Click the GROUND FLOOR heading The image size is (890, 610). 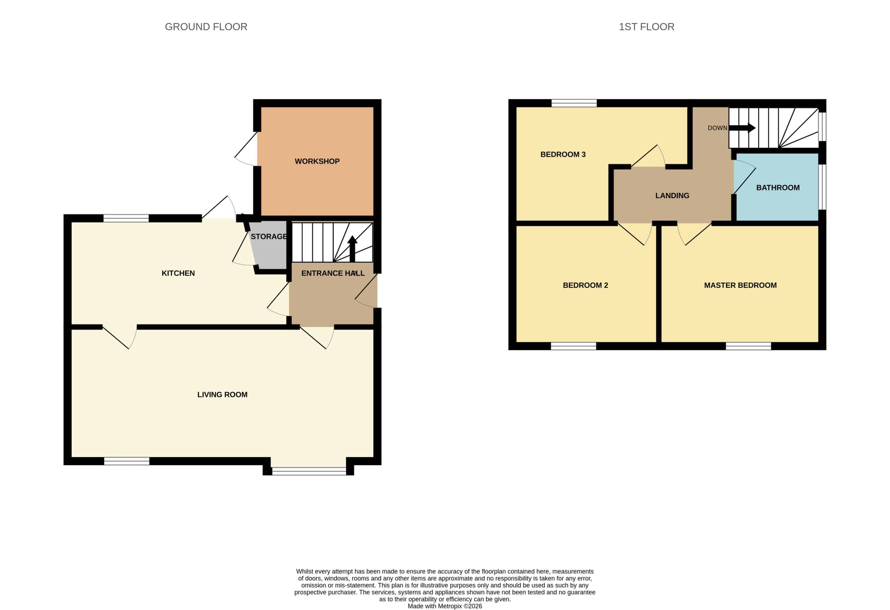coord(206,27)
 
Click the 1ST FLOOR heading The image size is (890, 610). coord(646,27)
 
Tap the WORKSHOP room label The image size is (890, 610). coord(317,161)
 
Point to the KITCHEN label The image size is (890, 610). coord(178,273)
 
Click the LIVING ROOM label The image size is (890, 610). coord(222,394)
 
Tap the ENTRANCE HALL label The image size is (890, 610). coord(333,273)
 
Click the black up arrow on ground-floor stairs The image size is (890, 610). coord(352,248)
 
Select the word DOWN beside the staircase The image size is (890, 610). coord(717,128)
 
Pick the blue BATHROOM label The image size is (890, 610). coord(778,188)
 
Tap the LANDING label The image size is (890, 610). coord(672,196)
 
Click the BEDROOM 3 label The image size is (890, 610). coord(563,154)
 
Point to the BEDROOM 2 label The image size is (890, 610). coord(585,285)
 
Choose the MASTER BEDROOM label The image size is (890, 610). coord(740,285)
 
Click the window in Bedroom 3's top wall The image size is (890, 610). coord(574,103)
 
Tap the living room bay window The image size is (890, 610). coord(309,471)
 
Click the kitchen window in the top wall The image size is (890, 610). coord(126,218)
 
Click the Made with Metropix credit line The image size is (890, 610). coord(445,606)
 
